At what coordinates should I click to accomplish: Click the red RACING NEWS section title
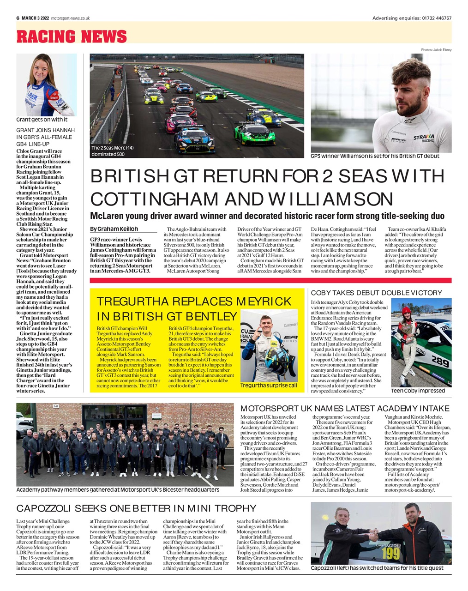(x=72, y=36)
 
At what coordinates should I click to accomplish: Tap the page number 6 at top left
(x=18, y=18)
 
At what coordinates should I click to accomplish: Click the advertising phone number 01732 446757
(x=436, y=18)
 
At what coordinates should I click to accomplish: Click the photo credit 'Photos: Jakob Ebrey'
(x=436, y=49)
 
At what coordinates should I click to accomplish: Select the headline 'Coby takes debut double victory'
(x=376, y=293)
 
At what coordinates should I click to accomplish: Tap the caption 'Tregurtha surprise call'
(x=269, y=385)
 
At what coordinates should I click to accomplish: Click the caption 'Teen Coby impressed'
(x=418, y=391)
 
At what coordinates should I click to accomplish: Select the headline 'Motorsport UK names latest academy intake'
(x=344, y=408)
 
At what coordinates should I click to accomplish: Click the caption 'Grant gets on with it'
(x=42, y=120)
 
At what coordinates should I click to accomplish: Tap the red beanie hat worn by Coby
(x=406, y=310)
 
